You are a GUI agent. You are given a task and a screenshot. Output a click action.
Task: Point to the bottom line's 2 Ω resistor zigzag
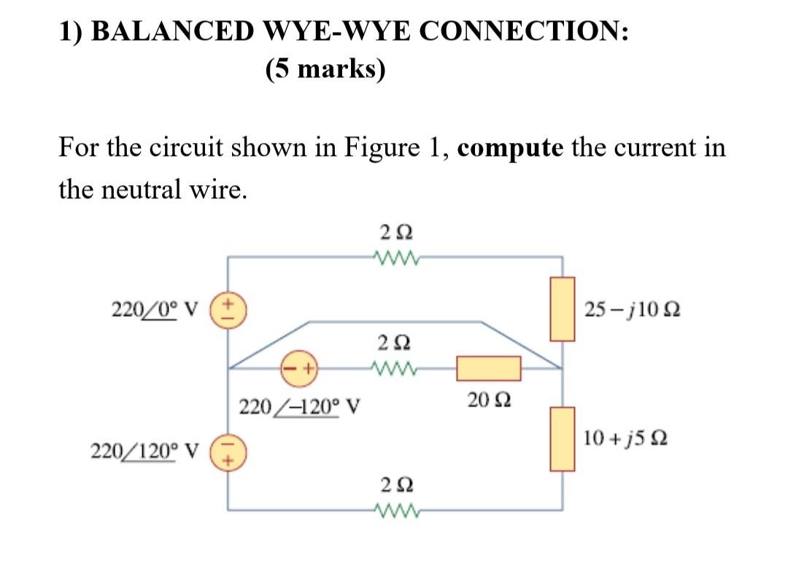395,509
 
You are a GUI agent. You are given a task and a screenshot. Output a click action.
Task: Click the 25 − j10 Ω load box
563,309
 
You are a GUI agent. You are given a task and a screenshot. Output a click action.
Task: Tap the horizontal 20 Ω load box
488,368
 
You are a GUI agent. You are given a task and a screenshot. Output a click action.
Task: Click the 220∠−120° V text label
302,404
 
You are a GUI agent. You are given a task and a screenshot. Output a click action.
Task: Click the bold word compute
511,148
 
